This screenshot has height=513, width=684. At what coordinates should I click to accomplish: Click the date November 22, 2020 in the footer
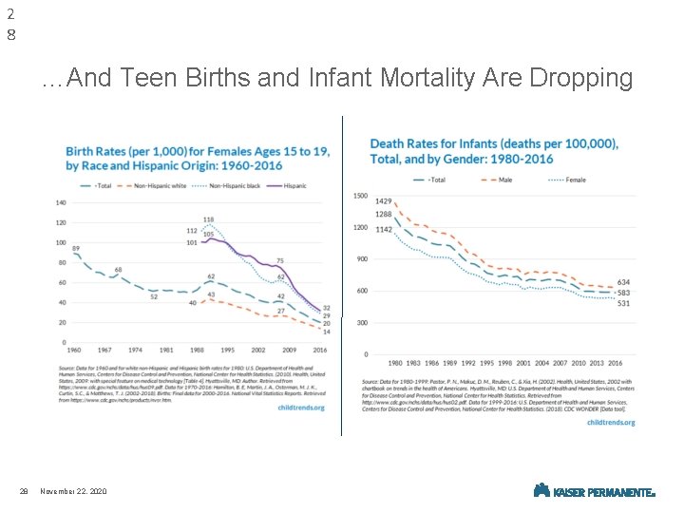[x=75, y=490]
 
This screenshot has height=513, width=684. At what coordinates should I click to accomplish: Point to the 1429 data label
[x=384, y=201]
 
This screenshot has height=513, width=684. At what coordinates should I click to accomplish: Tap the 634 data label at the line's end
[x=623, y=282]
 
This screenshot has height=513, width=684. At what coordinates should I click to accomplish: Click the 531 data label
[x=623, y=304]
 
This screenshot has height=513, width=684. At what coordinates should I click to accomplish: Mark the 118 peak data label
[x=208, y=219]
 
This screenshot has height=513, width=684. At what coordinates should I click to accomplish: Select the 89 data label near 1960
[x=75, y=248]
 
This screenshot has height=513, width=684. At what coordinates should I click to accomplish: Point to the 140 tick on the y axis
[x=60, y=202]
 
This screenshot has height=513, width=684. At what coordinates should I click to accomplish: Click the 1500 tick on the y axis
[x=360, y=196]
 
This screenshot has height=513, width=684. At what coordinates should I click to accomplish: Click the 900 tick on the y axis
[x=361, y=258]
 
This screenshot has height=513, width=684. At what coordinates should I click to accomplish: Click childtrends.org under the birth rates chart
[x=300, y=407]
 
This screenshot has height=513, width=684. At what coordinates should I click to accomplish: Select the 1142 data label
[x=384, y=230]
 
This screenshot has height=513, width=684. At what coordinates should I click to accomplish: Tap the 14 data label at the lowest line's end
[x=326, y=332]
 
